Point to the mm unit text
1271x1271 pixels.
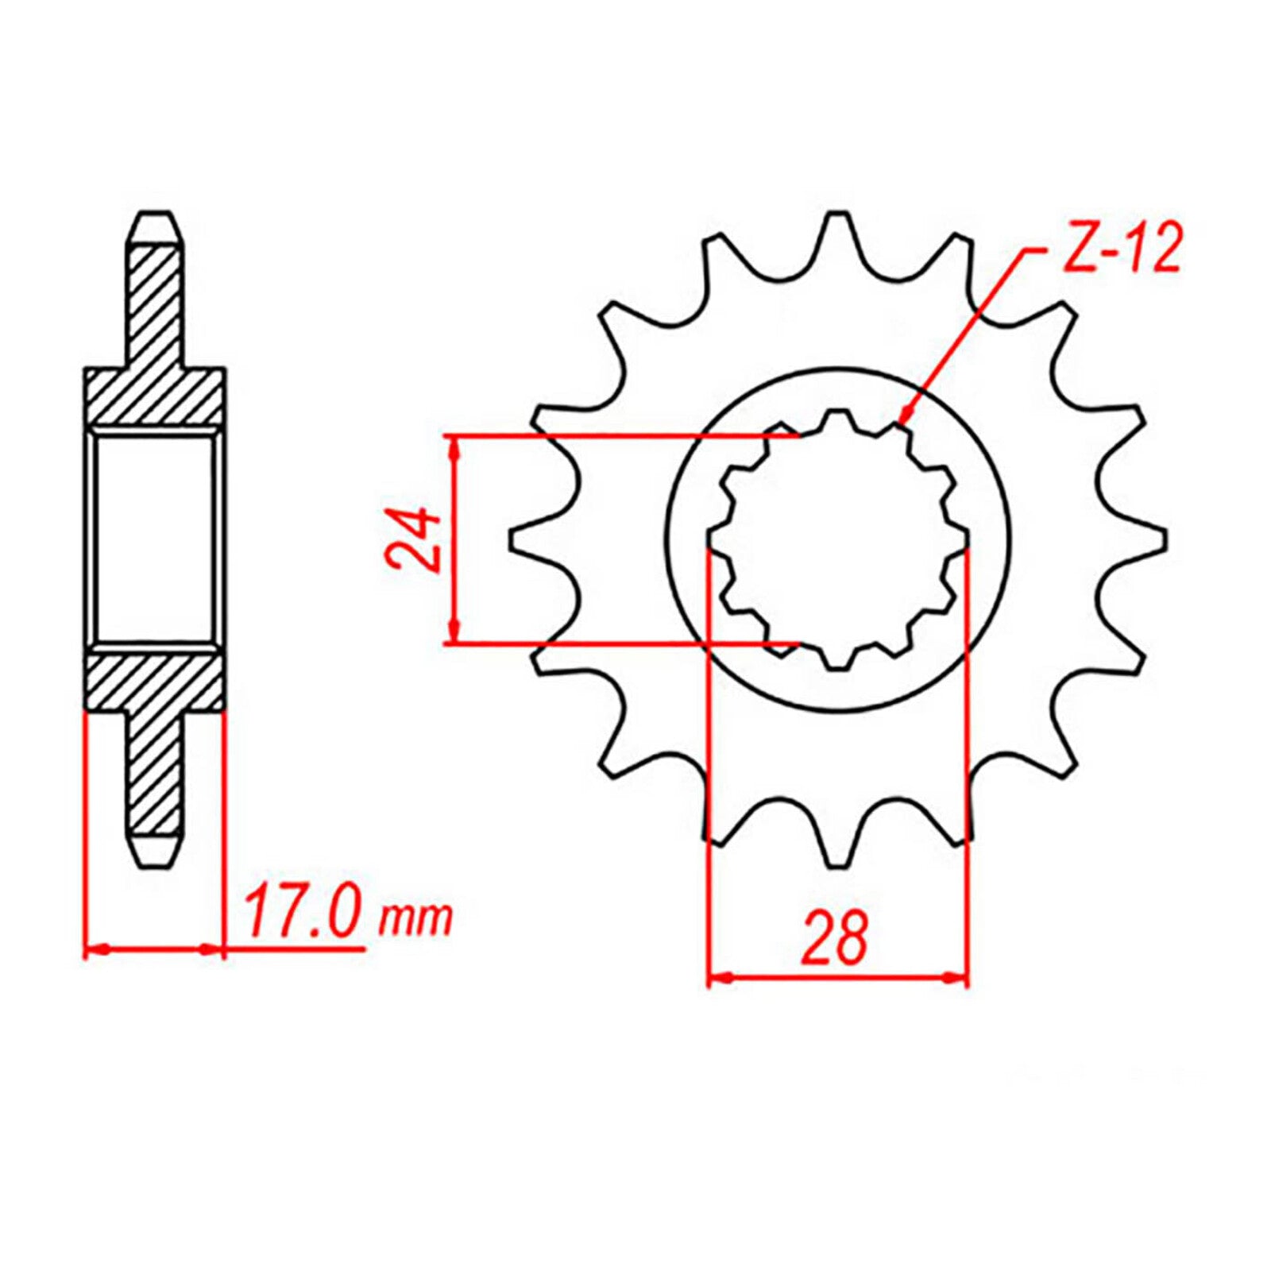click(x=415, y=919)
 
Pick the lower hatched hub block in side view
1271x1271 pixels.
click(x=155, y=680)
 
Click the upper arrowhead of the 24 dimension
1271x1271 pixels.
click(x=454, y=448)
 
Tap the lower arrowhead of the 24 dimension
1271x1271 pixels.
click(x=454, y=631)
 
